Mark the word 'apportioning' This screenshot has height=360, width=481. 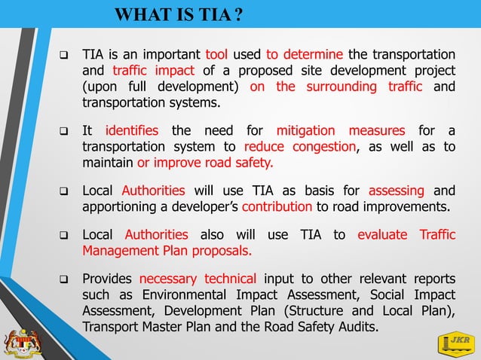[x=120, y=205]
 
